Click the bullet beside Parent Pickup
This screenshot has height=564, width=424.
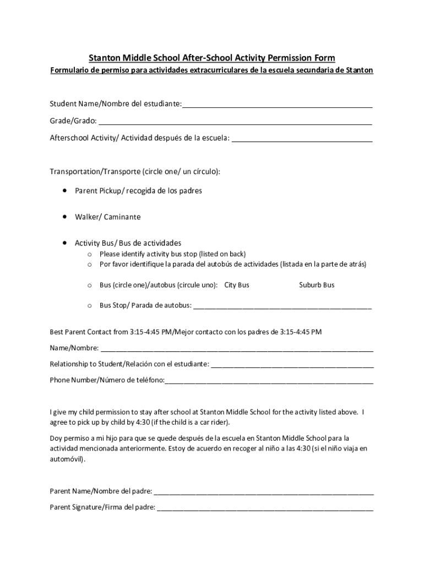65,190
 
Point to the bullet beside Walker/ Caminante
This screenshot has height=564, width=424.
65,216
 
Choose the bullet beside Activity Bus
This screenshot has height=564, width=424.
65,242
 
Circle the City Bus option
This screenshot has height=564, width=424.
237,285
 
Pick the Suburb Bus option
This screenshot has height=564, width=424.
317,285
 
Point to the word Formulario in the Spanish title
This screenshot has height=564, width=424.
71,70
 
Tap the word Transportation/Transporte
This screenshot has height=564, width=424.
95,171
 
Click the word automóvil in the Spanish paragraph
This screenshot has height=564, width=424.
67,459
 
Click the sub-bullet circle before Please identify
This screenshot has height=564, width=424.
89,254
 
